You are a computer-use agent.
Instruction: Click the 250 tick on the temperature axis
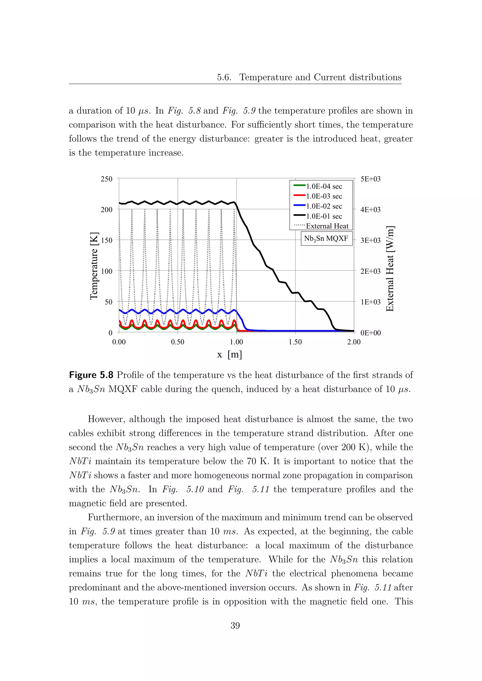click(x=107, y=179)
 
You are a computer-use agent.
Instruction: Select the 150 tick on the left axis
click(x=107, y=240)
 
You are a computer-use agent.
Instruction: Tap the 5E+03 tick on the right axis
click(x=370, y=179)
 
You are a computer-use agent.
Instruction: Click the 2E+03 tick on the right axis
click(x=370, y=271)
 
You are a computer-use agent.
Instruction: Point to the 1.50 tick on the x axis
click(x=295, y=342)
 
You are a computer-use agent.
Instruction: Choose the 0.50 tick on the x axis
click(x=177, y=342)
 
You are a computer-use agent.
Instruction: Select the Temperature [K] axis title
click(x=94, y=266)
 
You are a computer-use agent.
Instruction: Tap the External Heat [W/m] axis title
click(x=390, y=268)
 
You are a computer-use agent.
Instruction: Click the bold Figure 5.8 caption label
click(x=91, y=375)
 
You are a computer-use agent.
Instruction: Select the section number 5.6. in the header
click(x=224, y=77)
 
